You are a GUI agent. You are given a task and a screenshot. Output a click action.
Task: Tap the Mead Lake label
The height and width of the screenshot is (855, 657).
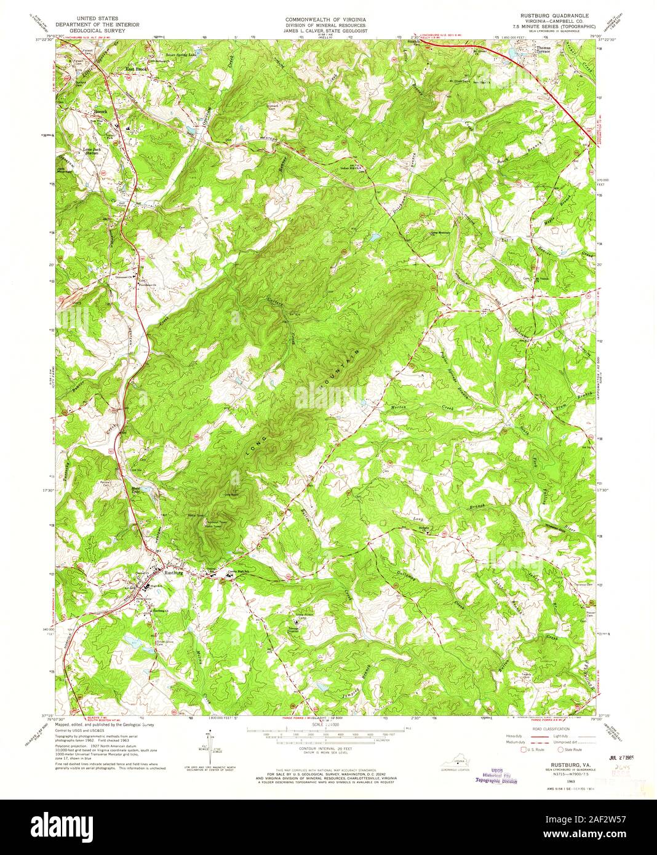coord(137,490)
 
